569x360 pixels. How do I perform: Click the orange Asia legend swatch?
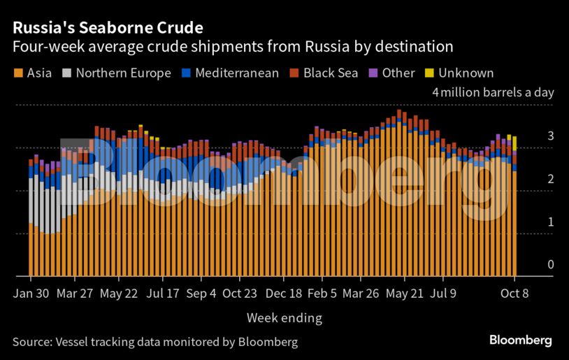(18, 73)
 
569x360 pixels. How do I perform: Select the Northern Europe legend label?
(123, 73)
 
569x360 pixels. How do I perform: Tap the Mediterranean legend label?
(237, 73)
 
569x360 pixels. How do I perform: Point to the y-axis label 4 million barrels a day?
(493, 92)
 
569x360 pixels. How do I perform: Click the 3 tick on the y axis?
(551, 136)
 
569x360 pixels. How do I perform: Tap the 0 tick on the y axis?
(551, 265)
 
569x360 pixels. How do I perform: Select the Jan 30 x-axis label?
(31, 294)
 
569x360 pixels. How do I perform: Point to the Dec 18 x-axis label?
(284, 294)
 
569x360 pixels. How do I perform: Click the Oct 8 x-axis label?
(514, 294)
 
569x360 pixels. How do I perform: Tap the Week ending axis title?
(284, 318)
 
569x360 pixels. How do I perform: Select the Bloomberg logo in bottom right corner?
(520, 341)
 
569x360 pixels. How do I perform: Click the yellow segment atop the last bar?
(515, 143)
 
